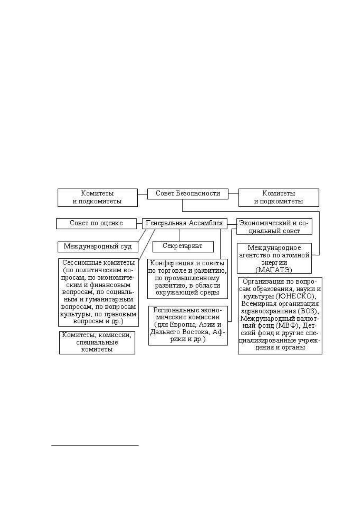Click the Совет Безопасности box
pos(188,194)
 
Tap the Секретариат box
pos(183,247)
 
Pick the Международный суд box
pos(98,247)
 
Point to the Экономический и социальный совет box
pos(274,226)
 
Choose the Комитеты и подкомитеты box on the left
pos(97,197)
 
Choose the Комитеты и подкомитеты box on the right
pos(279,197)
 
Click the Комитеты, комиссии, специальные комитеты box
pos(97,342)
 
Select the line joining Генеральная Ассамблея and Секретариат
pos(179,235)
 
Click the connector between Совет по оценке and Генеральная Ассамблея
pos(139,224)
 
